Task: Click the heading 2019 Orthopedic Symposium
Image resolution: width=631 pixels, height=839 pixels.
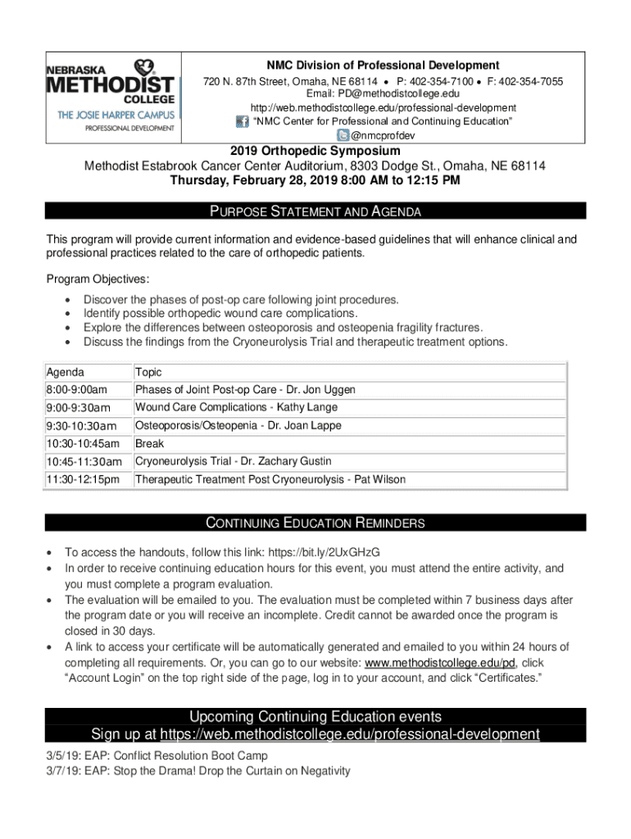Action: [315, 152]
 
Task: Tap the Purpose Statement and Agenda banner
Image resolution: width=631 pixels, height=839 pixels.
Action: [315, 211]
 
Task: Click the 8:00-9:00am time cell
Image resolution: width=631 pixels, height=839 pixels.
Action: [76, 390]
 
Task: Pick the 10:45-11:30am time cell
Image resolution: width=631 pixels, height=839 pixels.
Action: [84, 462]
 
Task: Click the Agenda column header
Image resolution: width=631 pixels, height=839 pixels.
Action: [65, 372]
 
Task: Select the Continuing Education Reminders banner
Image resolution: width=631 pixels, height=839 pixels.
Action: [315, 523]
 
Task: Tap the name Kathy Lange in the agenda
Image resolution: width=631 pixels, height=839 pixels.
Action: [306, 408]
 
